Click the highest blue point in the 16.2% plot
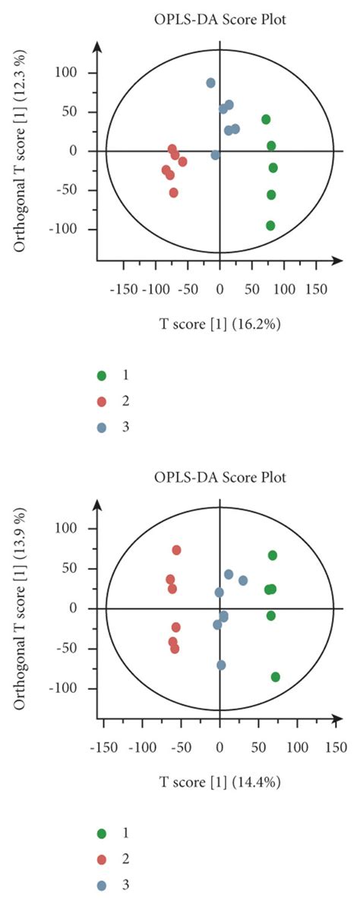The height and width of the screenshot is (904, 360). point(210,83)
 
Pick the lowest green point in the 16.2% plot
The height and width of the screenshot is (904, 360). point(270,226)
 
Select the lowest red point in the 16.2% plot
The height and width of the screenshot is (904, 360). point(173,193)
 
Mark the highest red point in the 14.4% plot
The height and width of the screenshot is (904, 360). point(176,550)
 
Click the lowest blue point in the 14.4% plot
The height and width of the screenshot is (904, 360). point(221,665)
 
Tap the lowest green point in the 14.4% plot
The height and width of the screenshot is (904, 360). point(275,677)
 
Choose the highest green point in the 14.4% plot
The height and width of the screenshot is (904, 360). point(272,555)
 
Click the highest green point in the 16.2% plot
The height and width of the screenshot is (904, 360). point(266,119)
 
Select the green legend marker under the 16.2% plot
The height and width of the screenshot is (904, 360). point(101,375)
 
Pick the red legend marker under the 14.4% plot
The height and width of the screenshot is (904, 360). point(101,858)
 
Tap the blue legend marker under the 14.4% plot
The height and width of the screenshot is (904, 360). point(101,884)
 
